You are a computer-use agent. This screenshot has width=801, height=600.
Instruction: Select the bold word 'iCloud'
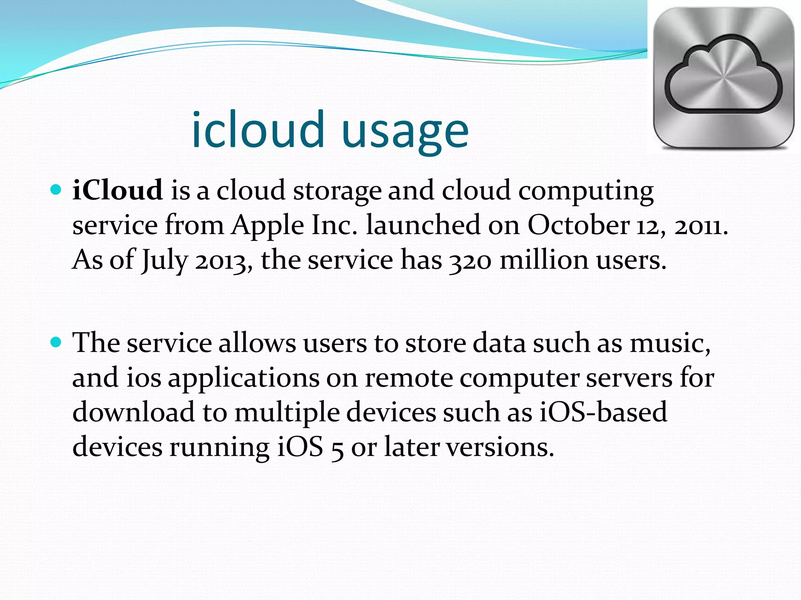point(117,190)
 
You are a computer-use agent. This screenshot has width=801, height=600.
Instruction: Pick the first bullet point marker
point(56,190)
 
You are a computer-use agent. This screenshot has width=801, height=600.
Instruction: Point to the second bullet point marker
point(56,343)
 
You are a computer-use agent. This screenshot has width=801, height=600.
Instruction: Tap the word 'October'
point(578,225)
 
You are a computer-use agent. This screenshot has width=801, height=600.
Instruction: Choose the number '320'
point(470,261)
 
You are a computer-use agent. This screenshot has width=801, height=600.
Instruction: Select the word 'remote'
point(409,378)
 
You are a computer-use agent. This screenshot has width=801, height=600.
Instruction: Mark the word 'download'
point(133,412)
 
